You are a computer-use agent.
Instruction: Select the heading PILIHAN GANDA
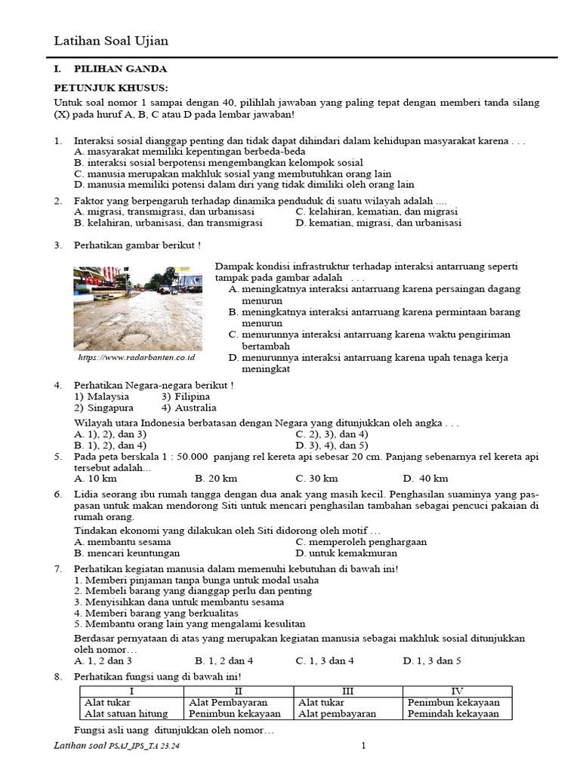point(120,69)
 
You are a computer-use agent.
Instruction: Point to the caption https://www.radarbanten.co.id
point(136,357)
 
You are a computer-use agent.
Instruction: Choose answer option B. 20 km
point(216,478)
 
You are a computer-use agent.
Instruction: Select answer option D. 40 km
point(425,478)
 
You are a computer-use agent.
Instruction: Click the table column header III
point(347,691)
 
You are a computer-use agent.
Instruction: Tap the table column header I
point(131,691)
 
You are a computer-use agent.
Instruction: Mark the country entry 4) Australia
point(189,408)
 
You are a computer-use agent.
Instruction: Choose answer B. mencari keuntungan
point(123,553)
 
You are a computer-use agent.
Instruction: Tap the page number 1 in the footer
point(363,747)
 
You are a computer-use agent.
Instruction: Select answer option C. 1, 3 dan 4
point(325,661)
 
